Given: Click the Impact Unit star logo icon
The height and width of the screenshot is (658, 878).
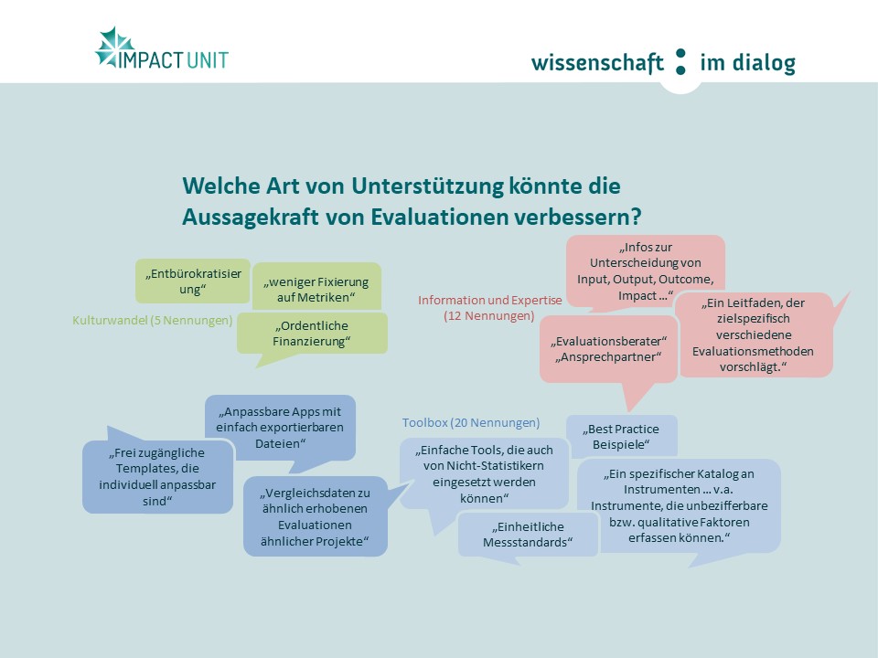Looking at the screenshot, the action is pyautogui.click(x=114, y=48).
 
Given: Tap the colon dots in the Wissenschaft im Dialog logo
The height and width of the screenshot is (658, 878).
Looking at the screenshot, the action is pyautogui.click(x=680, y=61).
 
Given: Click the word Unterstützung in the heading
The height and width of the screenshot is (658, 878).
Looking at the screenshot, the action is pyautogui.click(x=427, y=186).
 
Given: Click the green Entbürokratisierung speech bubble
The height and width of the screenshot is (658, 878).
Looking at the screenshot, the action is pyautogui.click(x=193, y=281).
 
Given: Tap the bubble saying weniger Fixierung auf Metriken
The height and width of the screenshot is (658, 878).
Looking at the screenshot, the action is pyautogui.click(x=316, y=286).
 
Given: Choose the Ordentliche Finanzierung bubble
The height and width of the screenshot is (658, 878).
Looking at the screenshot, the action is pyautogui.click(x=312, y=334).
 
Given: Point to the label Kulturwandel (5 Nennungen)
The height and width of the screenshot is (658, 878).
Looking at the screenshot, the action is pyautogui.click(x=153, y=320).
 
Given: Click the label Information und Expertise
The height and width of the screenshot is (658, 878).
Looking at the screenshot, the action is pyautogui.click(x=490, y=300).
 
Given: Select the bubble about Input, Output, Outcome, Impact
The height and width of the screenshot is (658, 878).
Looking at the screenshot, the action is pyautogui.click(x=645, y=271).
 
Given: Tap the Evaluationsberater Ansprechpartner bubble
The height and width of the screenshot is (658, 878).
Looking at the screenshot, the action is pyautogui.click(x=609, y=349).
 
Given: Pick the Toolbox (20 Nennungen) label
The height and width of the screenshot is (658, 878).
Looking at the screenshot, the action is pyautogui.click(x=471, y=422).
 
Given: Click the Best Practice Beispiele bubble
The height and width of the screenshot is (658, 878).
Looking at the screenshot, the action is pyautogui.click(x=622, y=436).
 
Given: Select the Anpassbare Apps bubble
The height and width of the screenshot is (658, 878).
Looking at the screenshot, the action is pyautogui.click(x=280, y=428).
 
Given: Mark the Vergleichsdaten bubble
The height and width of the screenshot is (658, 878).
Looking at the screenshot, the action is pyautogui.click(x=316, y=516).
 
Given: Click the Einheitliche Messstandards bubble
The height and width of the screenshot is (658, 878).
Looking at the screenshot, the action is pyautogui.click(x=528, y=535).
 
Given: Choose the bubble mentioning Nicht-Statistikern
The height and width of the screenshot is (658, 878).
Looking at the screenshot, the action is pyautogui.click(x=484, y=473).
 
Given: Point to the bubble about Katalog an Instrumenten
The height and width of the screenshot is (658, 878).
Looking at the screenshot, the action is pyautogui.click(x=679, y=505).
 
